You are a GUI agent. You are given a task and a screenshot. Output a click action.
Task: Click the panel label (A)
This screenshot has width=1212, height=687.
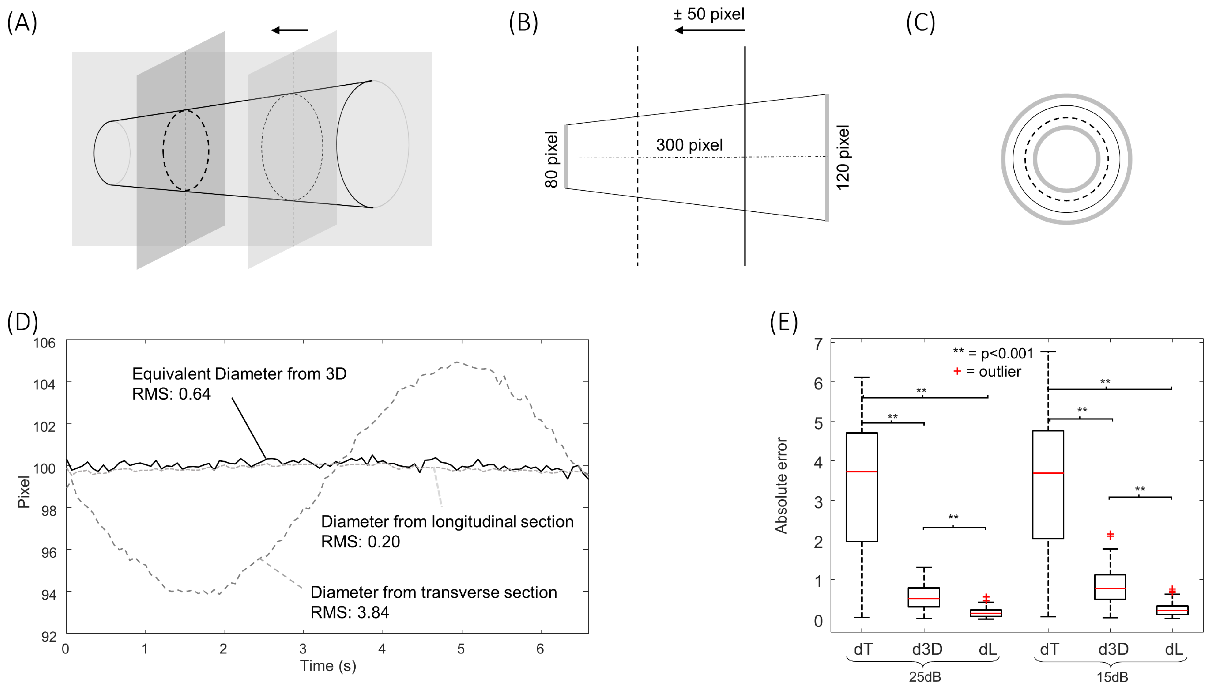point(22,23)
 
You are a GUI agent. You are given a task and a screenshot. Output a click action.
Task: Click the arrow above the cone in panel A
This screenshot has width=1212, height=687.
point(289,30)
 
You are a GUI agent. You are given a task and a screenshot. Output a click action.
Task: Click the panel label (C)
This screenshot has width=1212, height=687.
point(920,23)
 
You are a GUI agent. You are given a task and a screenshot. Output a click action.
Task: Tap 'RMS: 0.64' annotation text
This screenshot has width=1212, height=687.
point(171,394)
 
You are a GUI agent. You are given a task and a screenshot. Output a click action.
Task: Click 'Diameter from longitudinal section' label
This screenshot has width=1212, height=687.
point(447,521)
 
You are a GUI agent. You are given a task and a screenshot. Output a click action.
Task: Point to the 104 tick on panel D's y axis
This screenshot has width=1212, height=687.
point(44,384)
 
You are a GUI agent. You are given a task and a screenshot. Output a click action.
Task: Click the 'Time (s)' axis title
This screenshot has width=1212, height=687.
point(328,666)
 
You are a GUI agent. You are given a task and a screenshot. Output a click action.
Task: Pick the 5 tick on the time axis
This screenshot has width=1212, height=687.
point(461,649)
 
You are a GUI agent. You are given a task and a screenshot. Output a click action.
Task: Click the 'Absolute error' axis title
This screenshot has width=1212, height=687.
point(781,486)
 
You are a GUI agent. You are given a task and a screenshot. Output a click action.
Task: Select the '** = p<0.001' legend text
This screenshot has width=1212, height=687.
point(993,353)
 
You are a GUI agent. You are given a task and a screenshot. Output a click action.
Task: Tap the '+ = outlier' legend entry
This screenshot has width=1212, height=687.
point(987,372)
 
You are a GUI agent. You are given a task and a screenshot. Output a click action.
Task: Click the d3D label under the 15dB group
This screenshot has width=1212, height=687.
point(1113,649)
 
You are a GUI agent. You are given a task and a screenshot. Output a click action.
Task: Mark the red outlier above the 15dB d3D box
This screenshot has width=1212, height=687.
point(1110,535)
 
